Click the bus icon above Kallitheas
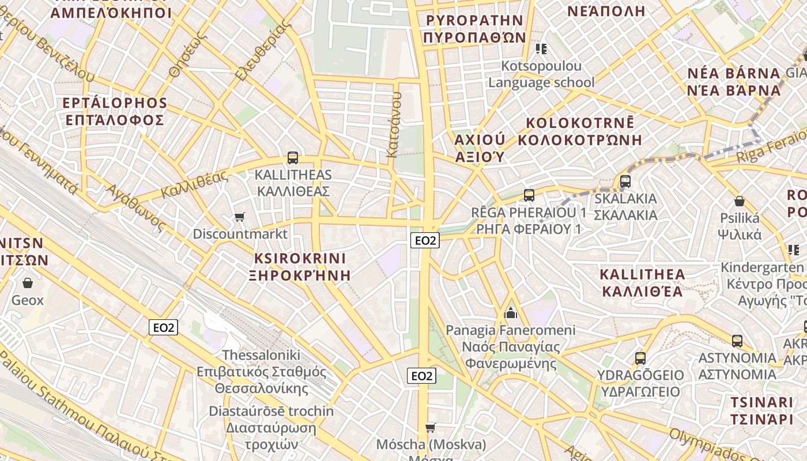point(293,157)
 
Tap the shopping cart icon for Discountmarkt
point(240,217)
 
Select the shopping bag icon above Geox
point(27,283)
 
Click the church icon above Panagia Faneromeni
point(511,313)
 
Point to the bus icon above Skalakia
point(625,182)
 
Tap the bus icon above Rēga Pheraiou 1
point(529,195)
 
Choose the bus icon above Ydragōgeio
point(640,358)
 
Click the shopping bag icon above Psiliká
point(740,202)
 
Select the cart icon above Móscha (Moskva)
point(431,428)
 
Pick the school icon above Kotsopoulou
point(541,48)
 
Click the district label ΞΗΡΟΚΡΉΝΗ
point(300,275)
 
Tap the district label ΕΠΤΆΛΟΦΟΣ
point(115,120)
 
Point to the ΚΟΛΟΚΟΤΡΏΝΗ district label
point(580,140)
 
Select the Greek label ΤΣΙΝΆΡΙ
point(762,419)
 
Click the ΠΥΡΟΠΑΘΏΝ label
point(474,38)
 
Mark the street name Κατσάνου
point(394,124)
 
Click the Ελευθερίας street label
point(261,50)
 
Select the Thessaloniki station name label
point(261,355)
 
